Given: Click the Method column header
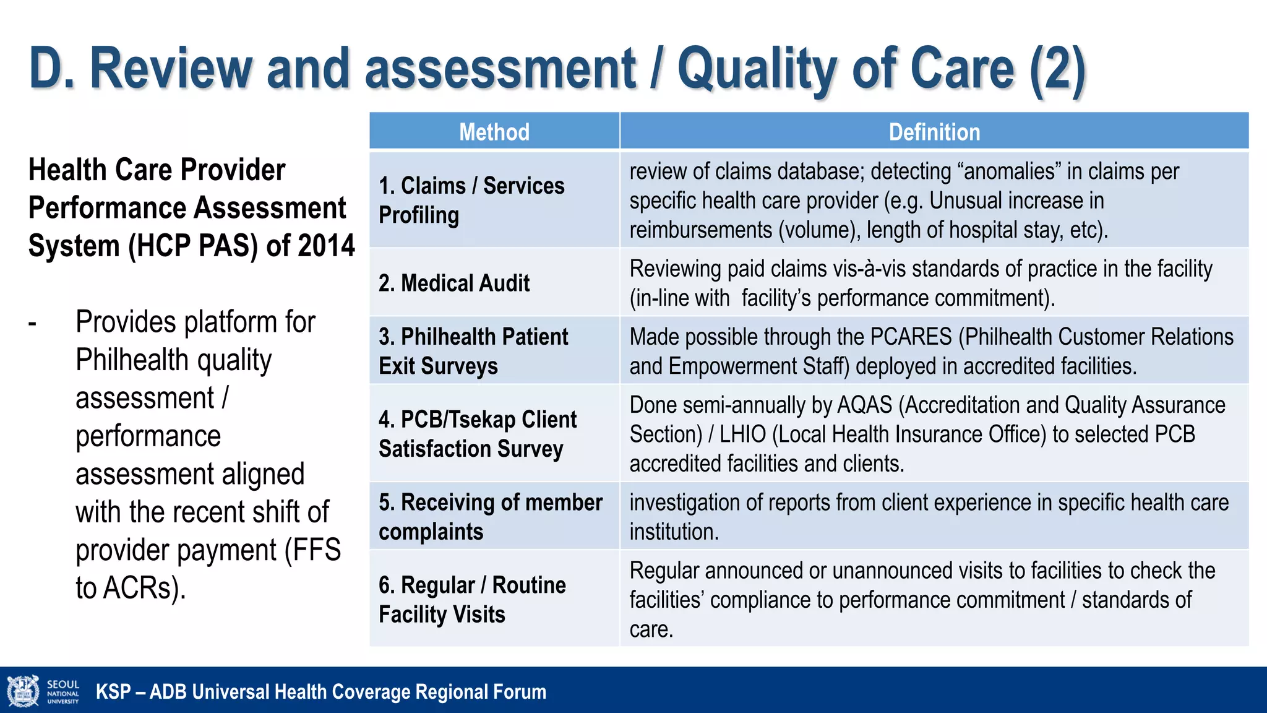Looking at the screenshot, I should coord(494,132).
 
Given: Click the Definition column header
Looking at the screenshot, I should coord(934,132).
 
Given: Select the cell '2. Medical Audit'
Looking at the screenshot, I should coord(454,283).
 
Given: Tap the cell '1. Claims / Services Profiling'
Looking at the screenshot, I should coord(471,200).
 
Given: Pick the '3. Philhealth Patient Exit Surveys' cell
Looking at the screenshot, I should coord(473,351).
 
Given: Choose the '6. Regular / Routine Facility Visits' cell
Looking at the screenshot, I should coord(472,599).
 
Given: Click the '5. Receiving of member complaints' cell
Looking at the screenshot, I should coord(490,516).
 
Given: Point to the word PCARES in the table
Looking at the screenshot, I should coord(911,337).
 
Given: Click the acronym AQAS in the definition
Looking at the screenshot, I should coord(864,405).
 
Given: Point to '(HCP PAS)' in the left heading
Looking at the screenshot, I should coord(193,246).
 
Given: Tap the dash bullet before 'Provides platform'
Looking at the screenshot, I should coord(33,323).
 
